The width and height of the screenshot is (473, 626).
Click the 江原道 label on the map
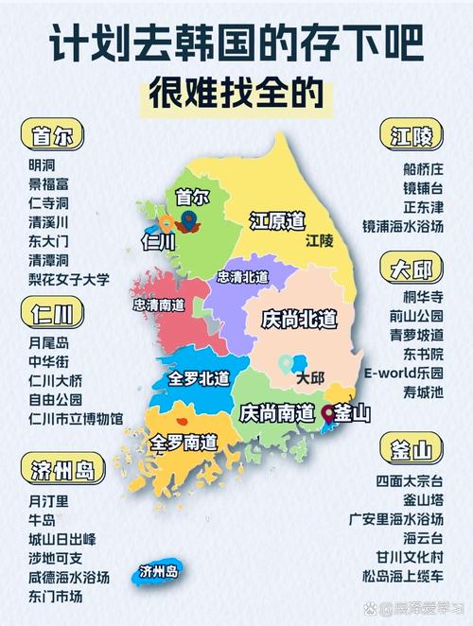click(276, 221)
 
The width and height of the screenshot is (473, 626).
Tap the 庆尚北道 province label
click(299, 320)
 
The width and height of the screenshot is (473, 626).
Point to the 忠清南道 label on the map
click(158, 305)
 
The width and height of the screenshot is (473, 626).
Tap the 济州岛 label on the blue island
click(158, 571)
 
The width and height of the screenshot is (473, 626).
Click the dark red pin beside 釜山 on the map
click(327, 411)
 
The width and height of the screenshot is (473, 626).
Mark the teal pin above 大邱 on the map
click(285, 362)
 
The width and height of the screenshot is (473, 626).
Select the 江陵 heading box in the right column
click(412, 136)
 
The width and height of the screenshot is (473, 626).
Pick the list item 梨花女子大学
click(69, 280)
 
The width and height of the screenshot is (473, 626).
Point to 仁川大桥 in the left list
click(56, 379)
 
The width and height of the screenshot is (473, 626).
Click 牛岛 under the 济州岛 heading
click(43, 519)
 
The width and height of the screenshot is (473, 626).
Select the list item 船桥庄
click(423, 168)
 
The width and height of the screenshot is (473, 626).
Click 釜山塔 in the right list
click(423, 499)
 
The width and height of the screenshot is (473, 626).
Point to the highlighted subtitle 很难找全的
click(236, 95)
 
